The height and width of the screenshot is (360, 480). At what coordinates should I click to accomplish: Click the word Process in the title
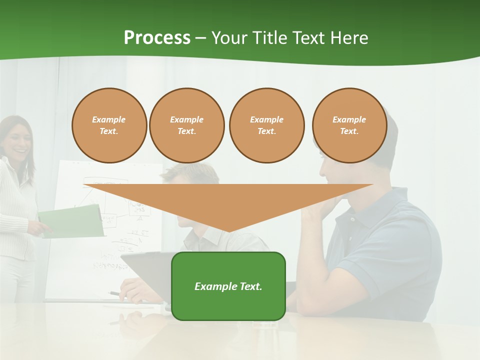[x=157, y=38]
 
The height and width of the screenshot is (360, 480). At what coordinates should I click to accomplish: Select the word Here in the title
[x=349, y=38]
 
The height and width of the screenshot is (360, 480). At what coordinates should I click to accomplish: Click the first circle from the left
[x=109, y=125]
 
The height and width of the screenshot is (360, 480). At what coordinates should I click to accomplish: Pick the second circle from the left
[x=186, y=125]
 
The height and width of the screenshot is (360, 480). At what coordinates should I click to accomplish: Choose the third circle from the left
[x=266, y=125]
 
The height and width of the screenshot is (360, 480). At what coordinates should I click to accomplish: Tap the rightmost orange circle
[x=349, y=125]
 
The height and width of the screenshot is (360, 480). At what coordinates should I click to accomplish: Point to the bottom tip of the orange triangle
[x=228, y=231]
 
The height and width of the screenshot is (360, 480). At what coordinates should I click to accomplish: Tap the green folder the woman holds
[x=72, y=221]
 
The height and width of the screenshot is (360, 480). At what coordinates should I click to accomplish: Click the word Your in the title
[x=227, y=38]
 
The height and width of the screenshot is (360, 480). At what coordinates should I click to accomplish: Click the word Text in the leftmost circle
[x=108, y=131]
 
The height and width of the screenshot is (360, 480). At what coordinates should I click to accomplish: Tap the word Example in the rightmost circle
[x=349, y=119]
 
